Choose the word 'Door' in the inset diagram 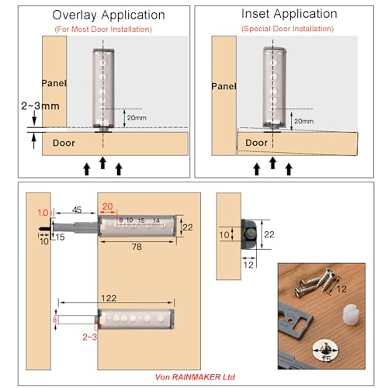(x=256, y=143)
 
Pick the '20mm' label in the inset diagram (x=304, y=120)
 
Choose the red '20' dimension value (x=107, y=208)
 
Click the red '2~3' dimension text (x=89, y=338)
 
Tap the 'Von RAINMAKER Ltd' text (x=197, y=376)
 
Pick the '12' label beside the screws (x=342, y=289)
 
